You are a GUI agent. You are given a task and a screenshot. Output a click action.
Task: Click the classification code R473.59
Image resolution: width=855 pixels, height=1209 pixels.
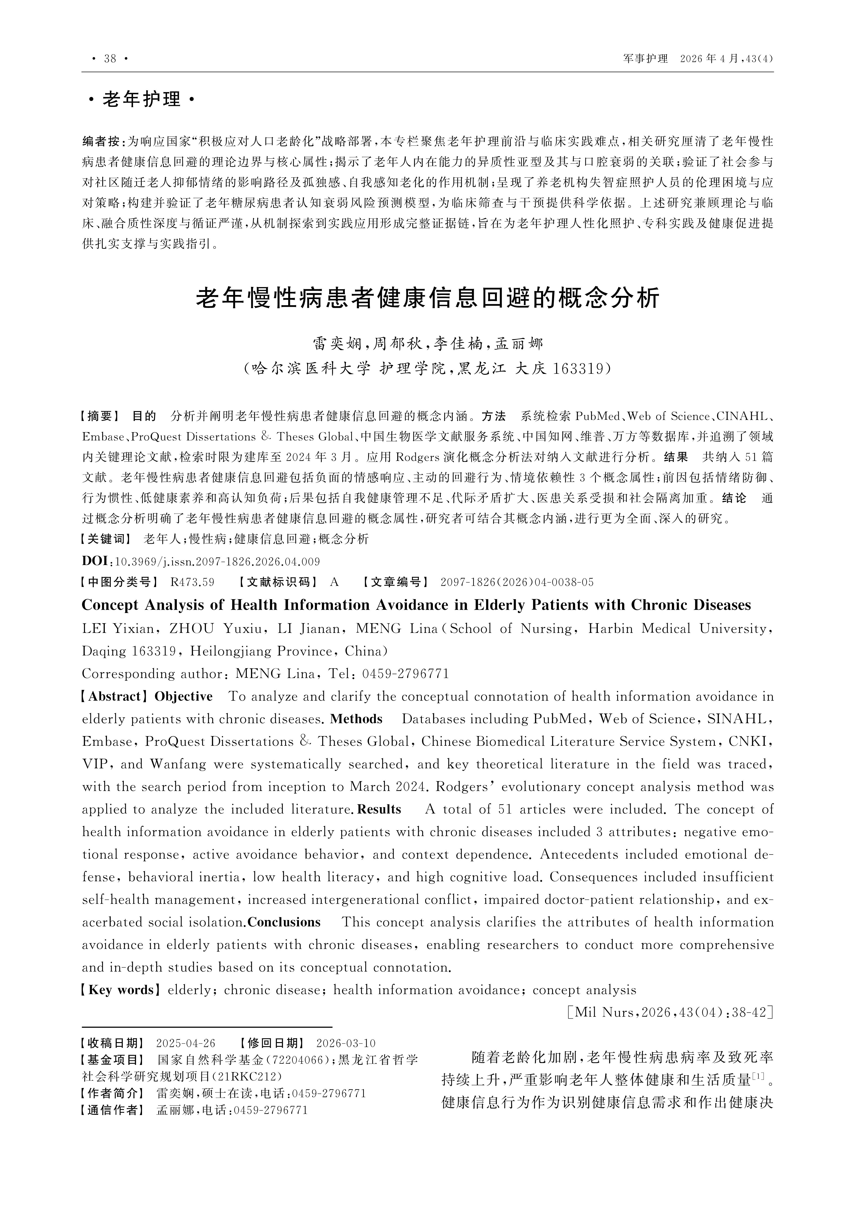pos(192,582)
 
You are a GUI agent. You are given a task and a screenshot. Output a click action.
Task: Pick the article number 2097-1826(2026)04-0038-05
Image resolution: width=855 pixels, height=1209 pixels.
pos(517,582)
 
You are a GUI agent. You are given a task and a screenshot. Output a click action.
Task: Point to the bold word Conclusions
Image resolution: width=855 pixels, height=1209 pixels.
pos(284,922)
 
